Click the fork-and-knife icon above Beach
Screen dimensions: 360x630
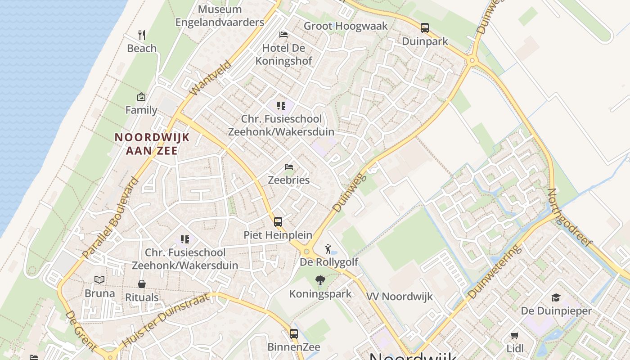pos(142,35)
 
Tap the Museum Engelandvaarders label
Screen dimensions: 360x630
pos(220,16)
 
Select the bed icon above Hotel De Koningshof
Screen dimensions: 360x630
pos(283,34)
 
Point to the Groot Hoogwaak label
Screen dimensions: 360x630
pos(346,26)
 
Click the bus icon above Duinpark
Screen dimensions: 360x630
pos(425,28)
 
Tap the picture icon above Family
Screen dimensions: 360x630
pos(141,97)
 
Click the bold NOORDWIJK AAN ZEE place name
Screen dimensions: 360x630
pos(152,144)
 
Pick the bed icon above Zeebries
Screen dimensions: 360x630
pos(289,167)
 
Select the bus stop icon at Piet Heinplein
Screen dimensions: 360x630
pos(278,221)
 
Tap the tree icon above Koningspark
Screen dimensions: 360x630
pos(320,281)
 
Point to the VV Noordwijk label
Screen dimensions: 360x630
pos(399,297)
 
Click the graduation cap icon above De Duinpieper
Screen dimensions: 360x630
pos(556,297)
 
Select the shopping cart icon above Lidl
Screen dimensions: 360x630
pos(515,335)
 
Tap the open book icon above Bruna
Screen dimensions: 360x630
pos(100,280)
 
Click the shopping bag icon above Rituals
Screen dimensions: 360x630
pos(142,284)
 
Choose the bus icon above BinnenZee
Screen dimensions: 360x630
pos(294,334)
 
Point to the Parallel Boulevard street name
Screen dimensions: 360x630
pos(111,218)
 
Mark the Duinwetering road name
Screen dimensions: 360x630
pos(495,272)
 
